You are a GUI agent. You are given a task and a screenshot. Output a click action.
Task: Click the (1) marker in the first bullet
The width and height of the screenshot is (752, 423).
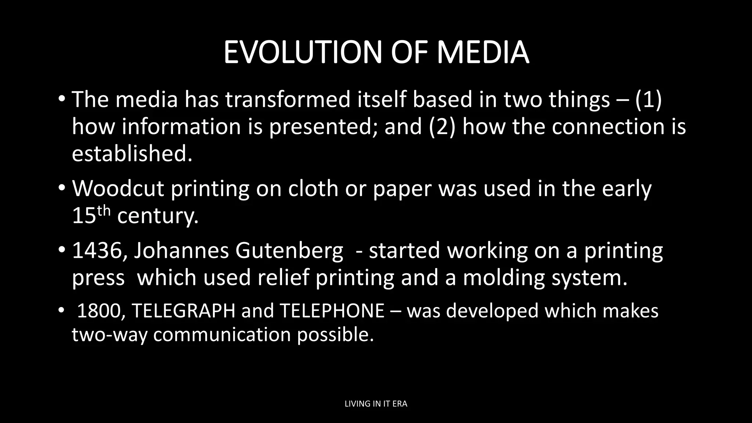648,100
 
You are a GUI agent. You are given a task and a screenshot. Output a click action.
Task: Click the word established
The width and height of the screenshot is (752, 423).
132,153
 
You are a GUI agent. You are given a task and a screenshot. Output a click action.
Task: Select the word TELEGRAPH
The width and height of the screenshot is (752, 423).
184,311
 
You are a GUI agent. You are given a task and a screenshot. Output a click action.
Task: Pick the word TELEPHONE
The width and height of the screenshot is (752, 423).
332,311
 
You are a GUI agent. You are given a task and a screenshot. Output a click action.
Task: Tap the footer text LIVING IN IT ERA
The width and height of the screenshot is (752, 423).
376,404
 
